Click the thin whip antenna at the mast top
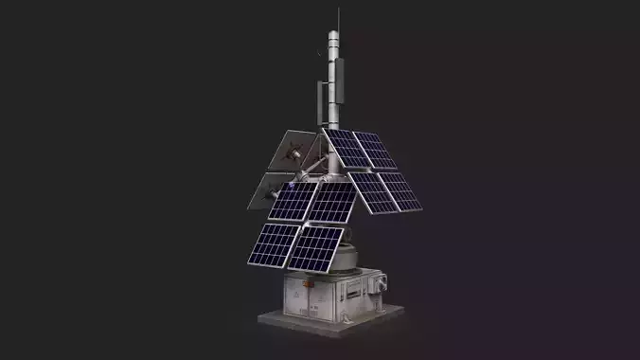point(338,19)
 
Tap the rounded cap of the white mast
point(334,36)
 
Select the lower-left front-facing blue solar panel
point(274,243)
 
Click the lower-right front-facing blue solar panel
point(316,247)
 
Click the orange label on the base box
point(305,282)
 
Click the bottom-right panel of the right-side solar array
point(400,190)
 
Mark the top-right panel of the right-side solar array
point(376,150)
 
